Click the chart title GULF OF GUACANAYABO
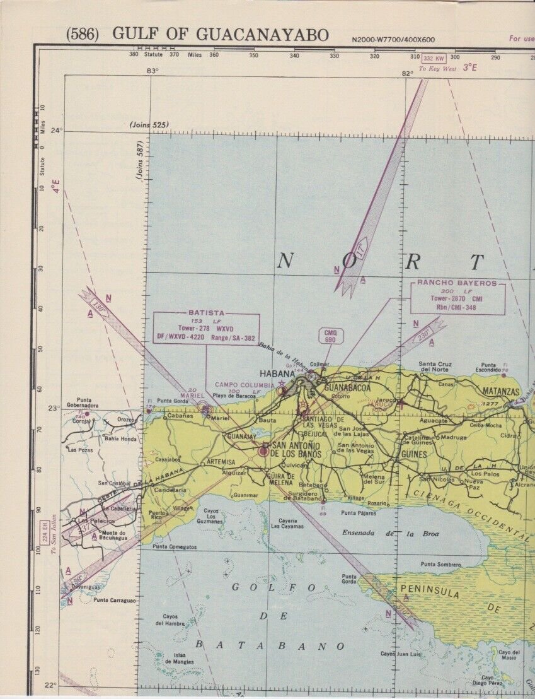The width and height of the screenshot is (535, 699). pos(221,35)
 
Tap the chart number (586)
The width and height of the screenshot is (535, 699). pos(82,35)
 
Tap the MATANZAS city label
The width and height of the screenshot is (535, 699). pos(500,391)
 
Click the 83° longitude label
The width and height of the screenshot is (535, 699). pos(152,71)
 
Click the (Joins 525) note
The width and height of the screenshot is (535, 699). pos(149,126)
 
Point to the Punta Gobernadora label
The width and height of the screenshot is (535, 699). pos(88,402)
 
